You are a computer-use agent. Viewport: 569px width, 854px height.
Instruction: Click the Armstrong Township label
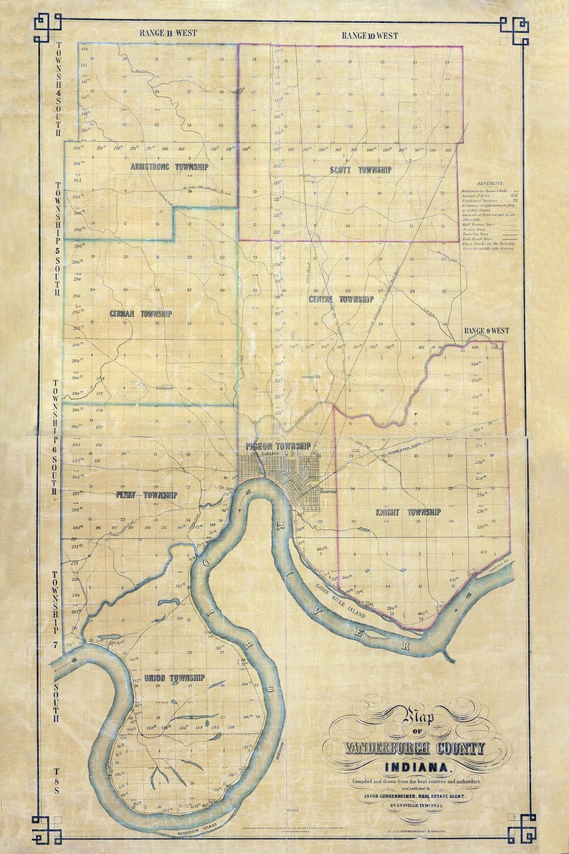170,166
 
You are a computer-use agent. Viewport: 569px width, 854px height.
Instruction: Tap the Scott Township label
360,170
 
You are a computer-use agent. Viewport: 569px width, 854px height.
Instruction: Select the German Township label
141,314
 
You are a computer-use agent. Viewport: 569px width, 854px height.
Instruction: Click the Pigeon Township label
278,446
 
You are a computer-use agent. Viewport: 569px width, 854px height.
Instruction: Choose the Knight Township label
408,512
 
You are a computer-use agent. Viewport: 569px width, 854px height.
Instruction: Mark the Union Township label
175,678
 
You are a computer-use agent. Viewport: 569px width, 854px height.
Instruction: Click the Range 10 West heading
370,35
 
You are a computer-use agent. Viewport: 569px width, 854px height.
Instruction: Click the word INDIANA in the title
406,767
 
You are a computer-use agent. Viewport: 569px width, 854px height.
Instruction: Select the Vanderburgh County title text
406,748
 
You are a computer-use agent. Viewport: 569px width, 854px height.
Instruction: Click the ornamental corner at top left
47,26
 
